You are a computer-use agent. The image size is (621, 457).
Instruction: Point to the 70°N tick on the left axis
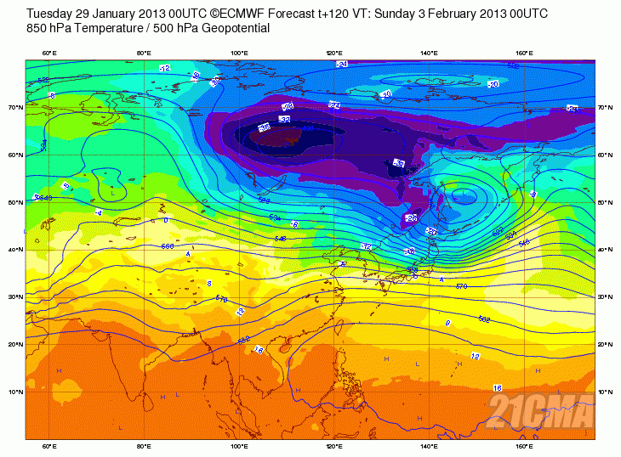tap(14, 108)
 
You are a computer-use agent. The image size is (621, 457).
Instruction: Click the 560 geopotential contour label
tap(167, 246)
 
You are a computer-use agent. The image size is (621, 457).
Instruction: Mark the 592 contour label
tap(243, 340)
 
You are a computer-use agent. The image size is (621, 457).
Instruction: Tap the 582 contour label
tap(484, 319)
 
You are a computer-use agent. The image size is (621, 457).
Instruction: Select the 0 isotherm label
tap(165, 220)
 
